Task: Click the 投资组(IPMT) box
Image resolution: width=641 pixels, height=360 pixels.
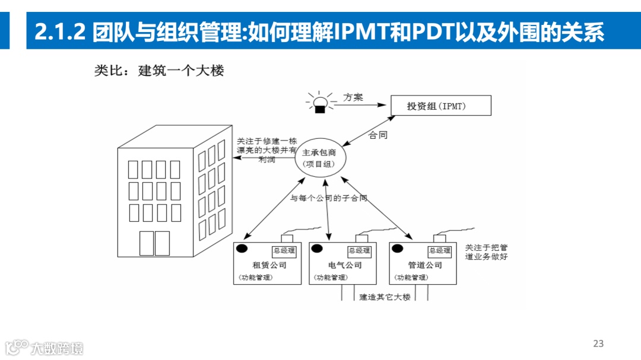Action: pos(440,106)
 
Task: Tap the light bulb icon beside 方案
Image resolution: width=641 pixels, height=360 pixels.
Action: pos(320,103)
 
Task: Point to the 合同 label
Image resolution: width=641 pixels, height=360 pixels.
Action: pos(378,135)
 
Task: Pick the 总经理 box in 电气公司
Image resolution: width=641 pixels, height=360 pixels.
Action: pos(359,251)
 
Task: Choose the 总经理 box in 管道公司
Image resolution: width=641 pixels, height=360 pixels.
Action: pos(440,251)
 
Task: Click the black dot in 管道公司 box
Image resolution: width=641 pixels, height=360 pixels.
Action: pos(398,249)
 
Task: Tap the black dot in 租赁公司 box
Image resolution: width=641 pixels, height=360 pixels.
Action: pos(242,249)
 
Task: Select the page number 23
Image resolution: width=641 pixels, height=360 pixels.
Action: pos(598,343)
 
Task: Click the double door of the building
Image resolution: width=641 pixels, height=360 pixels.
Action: pos(154,243)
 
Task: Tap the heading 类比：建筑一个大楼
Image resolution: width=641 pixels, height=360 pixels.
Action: pos(159,70)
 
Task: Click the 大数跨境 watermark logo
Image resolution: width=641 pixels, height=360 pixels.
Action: pos(45,347)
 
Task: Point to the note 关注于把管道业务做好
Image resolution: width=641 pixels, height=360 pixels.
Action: pos(486,252)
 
